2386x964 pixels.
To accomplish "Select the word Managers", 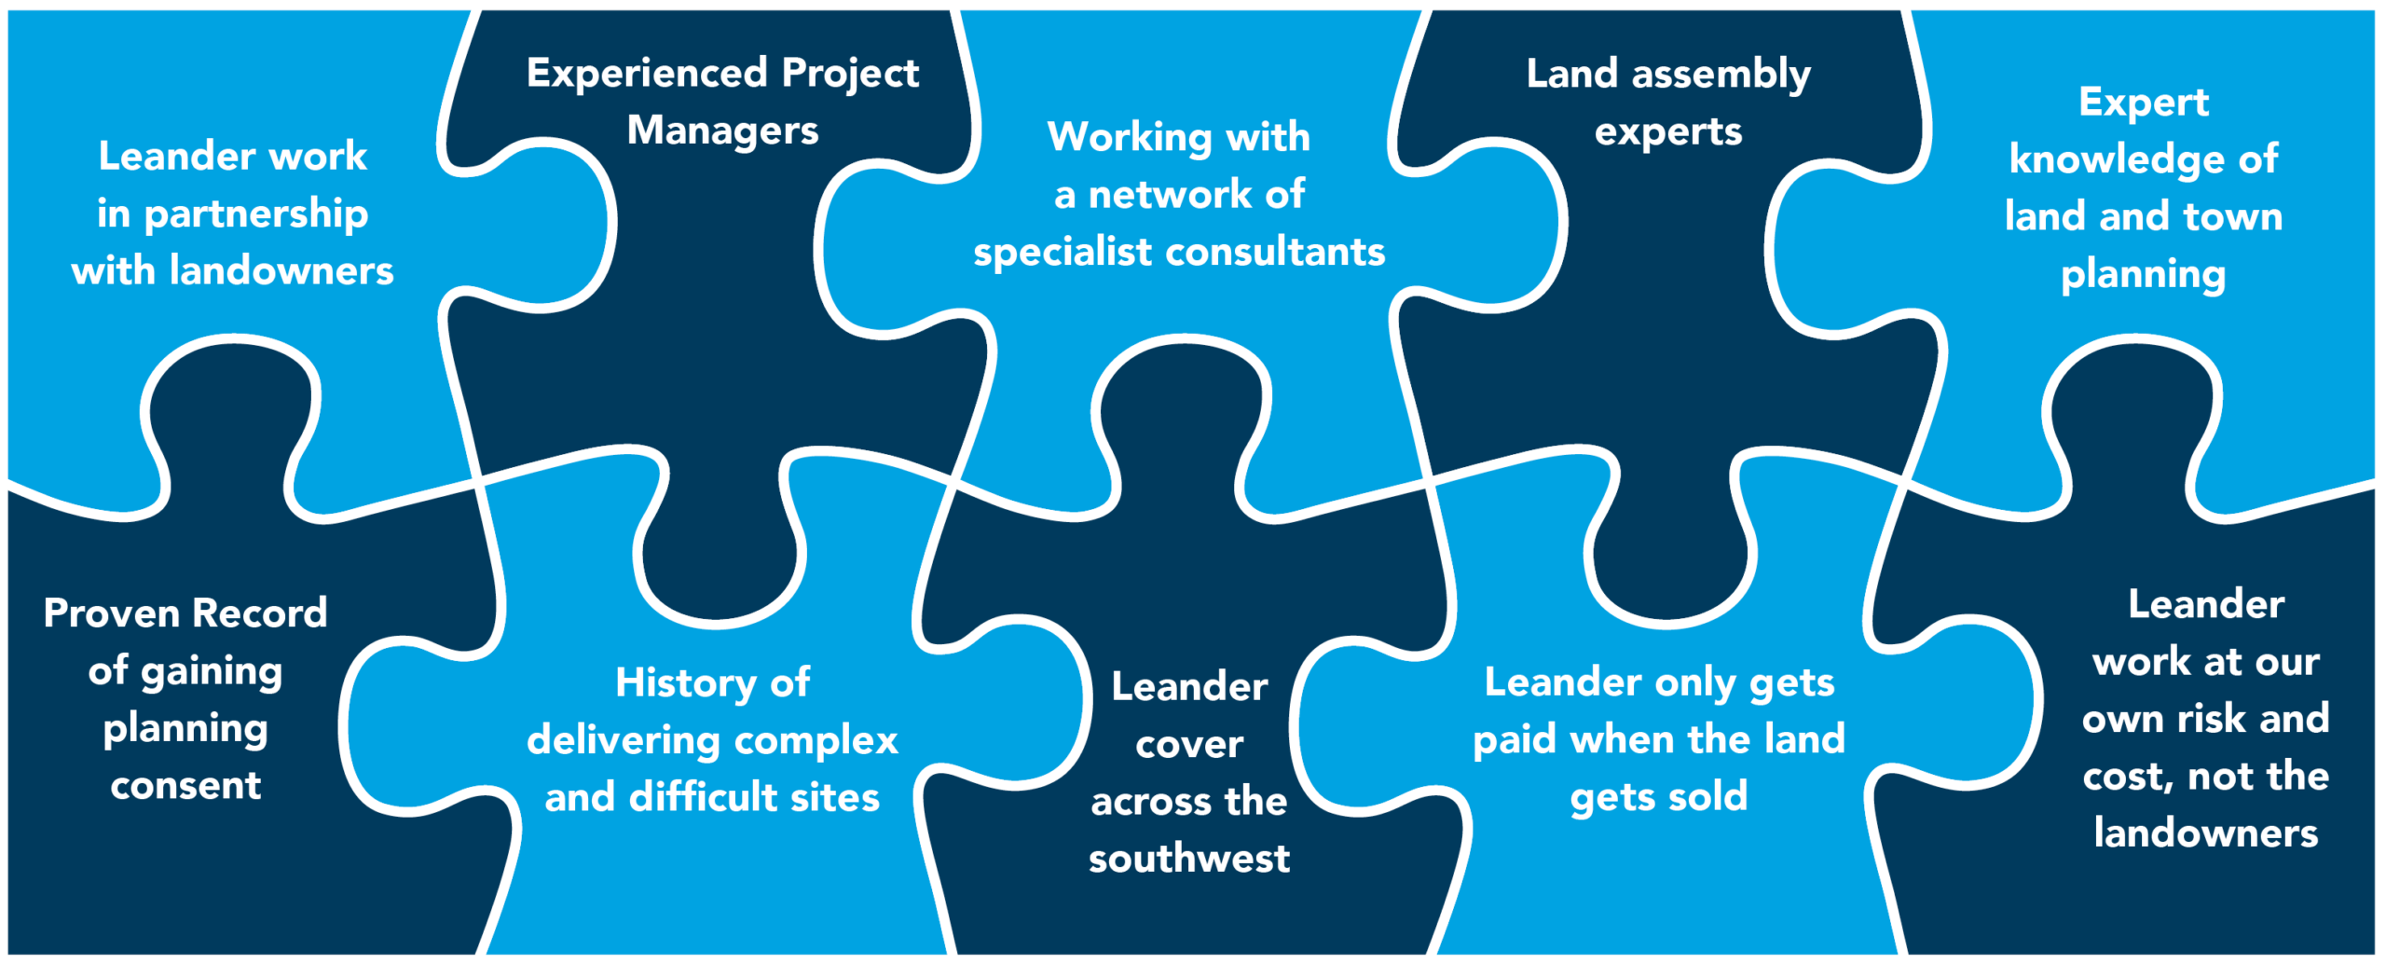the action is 722,131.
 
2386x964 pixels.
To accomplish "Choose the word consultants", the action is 1275,253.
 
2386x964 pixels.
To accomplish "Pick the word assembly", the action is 1721,76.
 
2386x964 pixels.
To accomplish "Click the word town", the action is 2233,217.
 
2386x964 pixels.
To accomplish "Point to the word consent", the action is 185,786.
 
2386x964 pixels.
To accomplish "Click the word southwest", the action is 1189,859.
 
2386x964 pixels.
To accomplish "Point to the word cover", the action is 1189,745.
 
